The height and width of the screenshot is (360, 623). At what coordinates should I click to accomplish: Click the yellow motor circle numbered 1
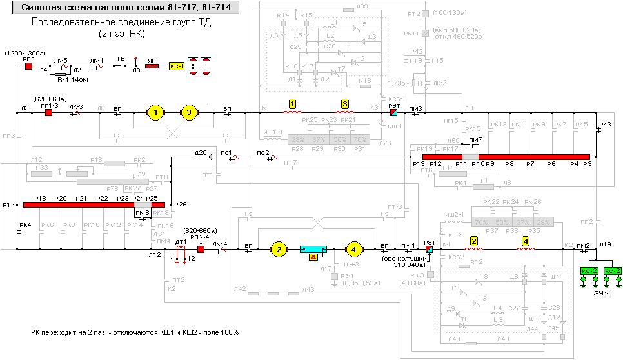pos(155,113)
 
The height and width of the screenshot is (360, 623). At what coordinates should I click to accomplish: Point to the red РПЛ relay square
pos(28,66)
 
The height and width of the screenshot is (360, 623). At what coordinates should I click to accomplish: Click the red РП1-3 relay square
pos(49,113)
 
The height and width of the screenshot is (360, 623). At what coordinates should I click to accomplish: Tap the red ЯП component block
pos(152,66)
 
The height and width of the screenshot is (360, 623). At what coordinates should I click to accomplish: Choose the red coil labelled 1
pos(292,111)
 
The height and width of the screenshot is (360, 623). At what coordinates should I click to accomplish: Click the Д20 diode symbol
pos(210,156)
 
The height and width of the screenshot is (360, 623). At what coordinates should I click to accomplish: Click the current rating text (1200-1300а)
pos(24,52)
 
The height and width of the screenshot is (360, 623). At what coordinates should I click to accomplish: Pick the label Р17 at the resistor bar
pos(8,205)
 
